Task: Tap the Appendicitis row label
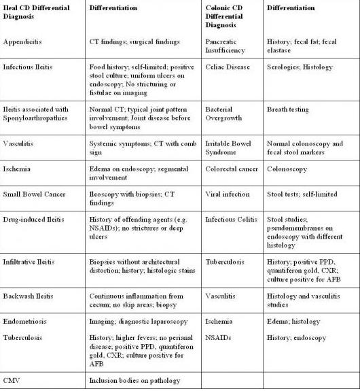tap(22, 41)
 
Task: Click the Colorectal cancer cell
tap(231, 172)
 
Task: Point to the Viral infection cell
tap(228, 194)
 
